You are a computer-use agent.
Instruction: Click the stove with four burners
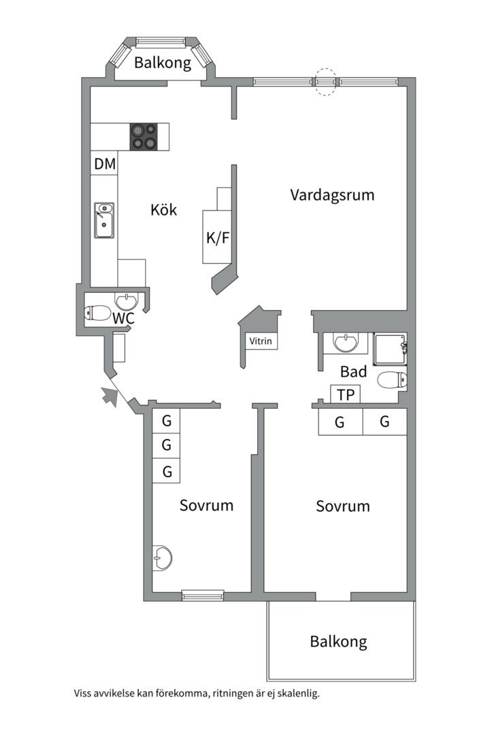pos(144,136)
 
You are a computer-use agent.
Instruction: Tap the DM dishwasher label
pos(105,164)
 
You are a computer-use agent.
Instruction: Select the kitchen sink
pos(104,220)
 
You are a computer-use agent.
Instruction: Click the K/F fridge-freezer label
pos(218,238)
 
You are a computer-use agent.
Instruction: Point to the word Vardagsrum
pos(332,195)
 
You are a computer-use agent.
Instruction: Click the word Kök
pos(163,210)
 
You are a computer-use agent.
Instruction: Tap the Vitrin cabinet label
pos(261,341)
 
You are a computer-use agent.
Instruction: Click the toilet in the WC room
pos(97,313)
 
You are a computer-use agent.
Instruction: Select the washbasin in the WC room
pos(127,301)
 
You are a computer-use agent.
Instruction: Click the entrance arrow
pos(109,396)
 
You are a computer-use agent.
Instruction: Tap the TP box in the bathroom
pos(345,395)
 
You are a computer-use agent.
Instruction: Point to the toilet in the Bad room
pos(393,380)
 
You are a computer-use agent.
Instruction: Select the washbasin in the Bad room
pos(346,342)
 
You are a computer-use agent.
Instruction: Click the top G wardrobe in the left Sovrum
pos(166,421)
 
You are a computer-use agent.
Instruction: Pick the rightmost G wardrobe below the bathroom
pos(385,422)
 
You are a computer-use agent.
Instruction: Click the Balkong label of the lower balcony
pos(338,641)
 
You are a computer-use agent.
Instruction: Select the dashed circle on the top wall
pos(326,81)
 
